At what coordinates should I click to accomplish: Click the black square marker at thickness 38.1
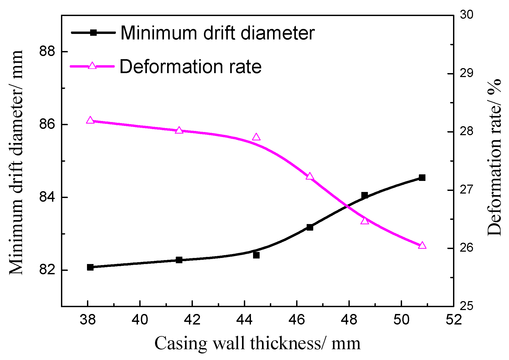[x=90, y=267]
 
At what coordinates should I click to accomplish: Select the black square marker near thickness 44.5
[x=256, y=255]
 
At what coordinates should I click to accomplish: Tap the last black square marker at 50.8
[x=422, y=178]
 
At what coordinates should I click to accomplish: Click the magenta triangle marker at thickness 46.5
[x=310, y=176]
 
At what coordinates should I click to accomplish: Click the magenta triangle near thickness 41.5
[x=179, y=130]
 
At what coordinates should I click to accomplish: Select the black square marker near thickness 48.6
[x=364, y=195]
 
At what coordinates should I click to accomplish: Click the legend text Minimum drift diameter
[x=217, y=33]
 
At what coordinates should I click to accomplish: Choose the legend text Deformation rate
[x=191, y=67]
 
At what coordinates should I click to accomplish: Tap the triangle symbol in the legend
[x=92, y=66]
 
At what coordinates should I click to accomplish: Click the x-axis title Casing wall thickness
[x=257, y=343]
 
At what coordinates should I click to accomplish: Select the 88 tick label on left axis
[x=47, y=51]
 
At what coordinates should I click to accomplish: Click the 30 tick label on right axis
[x=466, y=15]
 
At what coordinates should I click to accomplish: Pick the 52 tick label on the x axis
[x=454, y=320]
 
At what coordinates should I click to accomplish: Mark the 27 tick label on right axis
[x=466, y=190]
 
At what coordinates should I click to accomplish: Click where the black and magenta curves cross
[x=347, y=206]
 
